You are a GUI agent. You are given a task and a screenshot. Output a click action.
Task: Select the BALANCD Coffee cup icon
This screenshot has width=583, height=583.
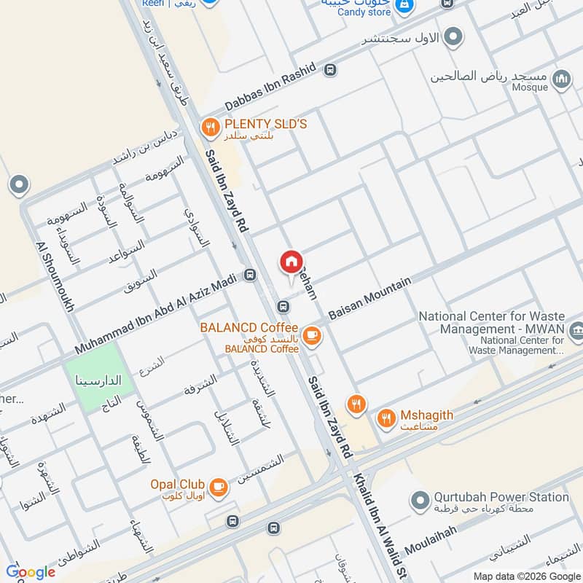pyautogui.click(x=312, y=335)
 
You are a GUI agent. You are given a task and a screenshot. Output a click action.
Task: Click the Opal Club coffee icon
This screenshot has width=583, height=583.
pyautogui.click(x=217, y=486)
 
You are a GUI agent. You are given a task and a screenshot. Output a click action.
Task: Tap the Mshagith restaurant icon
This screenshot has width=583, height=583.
pyautogui.click(x=386, y=418)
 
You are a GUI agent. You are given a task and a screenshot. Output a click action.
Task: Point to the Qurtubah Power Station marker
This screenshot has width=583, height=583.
pyautogui.click(x=419, y=501)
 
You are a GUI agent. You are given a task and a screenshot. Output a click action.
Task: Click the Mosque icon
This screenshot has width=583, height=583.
pyautogui.click(x=560, y=79)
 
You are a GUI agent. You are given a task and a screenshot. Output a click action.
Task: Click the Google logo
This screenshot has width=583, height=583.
pyautogui.click(x=31, y=572)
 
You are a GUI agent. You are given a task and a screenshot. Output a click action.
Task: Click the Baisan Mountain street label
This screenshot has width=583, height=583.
pyautogui.click(x=370, y=300)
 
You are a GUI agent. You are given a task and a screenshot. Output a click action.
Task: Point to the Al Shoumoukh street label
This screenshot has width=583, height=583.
pyautogui.click(x=54, y=277)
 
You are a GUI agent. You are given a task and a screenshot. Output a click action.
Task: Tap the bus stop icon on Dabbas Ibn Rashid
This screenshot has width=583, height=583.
pyautogui.click(x=331, y=70)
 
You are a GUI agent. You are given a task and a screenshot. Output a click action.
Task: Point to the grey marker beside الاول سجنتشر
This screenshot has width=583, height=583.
pyautogui.click(x=454, y=36)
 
